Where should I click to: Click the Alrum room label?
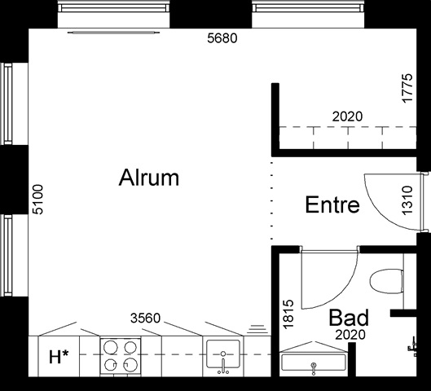point(149,178)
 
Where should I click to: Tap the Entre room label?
point(332,204)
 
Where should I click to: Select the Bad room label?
point(349,318)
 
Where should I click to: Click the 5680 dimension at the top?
point(222,38)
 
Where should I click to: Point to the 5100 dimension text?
point(37,200)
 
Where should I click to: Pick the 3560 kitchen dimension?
point(145,319)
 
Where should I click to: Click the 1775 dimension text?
point(407,88)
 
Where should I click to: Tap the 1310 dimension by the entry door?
point(407,200)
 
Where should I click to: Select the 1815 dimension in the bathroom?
point(288,314)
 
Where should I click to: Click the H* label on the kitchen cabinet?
point(59,357)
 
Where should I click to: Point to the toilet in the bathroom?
point(387,281)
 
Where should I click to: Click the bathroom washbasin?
point(314,362)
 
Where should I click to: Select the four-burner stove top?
point(121,355)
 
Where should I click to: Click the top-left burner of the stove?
point(111,348)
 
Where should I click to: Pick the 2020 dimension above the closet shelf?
point(347,116)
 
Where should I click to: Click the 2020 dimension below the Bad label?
point(350,335)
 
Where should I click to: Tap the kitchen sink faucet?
point(223,363)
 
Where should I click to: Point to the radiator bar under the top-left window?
point(113,33)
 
